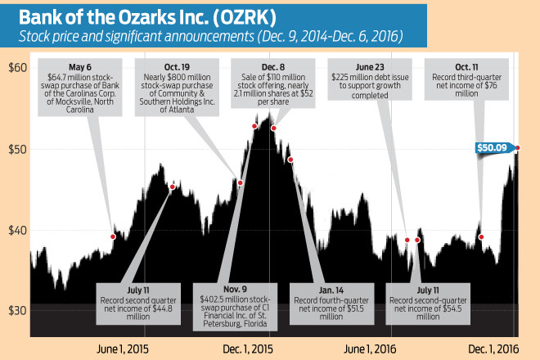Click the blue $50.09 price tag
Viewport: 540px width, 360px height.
(x=493, y=147)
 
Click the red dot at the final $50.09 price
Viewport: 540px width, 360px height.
(x=517, y=147)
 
